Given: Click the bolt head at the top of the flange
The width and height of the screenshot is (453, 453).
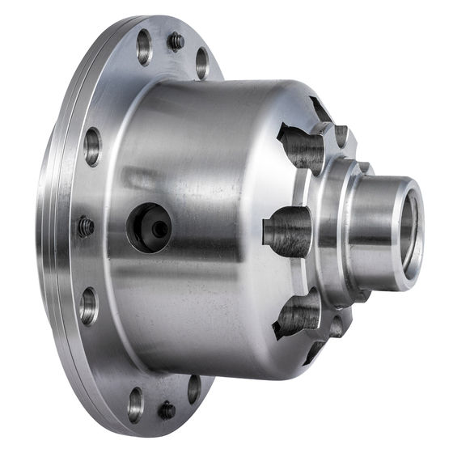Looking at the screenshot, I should pos(176,40).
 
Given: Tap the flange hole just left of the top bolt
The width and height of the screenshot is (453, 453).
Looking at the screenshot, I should pos(144,47).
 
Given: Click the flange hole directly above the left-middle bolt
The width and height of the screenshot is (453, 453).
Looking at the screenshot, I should pos(92,146).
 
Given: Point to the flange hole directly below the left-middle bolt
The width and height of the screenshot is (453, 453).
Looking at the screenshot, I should pos(88,306).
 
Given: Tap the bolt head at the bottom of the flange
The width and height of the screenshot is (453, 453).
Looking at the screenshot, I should pos(167,410).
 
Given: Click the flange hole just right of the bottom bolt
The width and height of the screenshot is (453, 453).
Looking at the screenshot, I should pos(194,389).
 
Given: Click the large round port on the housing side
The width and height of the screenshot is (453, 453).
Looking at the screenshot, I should pos(150,228).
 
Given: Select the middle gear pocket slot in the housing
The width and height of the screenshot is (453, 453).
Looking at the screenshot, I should pos(289,231).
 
